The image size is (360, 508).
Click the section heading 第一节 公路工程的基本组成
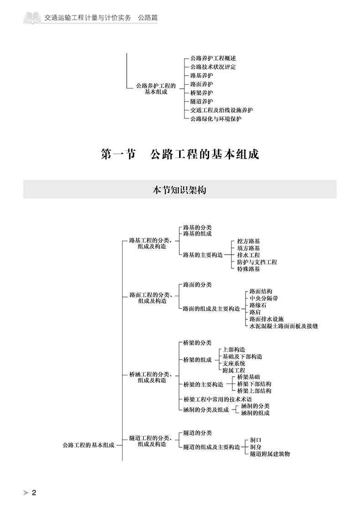coord(180,154)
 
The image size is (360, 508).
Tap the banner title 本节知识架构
coord(180,190)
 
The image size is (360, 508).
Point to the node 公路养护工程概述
coord(213,58)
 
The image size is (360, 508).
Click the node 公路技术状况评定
coord(213,67)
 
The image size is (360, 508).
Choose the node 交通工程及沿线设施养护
coord(221,110)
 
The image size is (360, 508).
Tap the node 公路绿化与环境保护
coord(216,119)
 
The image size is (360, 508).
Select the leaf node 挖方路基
coord(248,241)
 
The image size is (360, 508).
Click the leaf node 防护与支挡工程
coord(257,262)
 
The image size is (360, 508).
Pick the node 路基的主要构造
coord(203,255)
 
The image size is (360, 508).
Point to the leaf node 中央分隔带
coord(264,298)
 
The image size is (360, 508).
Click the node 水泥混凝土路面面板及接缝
coord(283,326)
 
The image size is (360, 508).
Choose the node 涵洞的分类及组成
coord(206,410)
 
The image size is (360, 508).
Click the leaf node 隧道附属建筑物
coord(270,454)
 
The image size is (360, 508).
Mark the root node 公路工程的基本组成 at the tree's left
coord(88,445)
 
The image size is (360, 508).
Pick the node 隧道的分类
coord(197,433)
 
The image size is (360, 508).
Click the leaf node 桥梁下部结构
coord(254,384)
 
